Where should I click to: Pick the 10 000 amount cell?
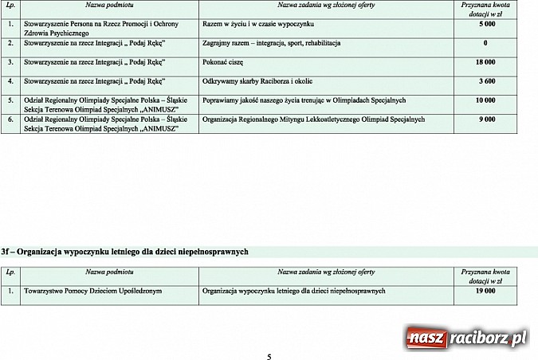tap(485, 100)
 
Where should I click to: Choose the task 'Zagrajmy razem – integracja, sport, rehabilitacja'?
tap(272, 42)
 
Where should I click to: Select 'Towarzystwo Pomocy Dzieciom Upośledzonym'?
tap(92, 292)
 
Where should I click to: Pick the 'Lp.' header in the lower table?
tap(10, 272)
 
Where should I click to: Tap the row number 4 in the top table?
tap(10, 81)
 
